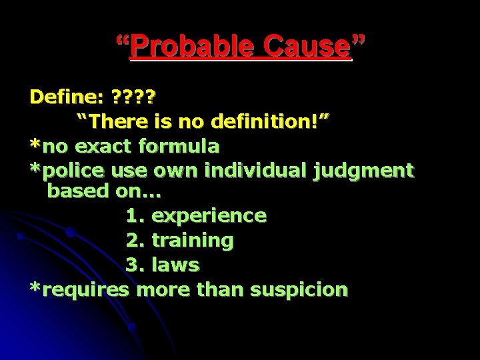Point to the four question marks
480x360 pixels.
click(x=133, y=97)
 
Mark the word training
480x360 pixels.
click(x=193, y=241)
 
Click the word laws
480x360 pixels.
click(x=175, y=265)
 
